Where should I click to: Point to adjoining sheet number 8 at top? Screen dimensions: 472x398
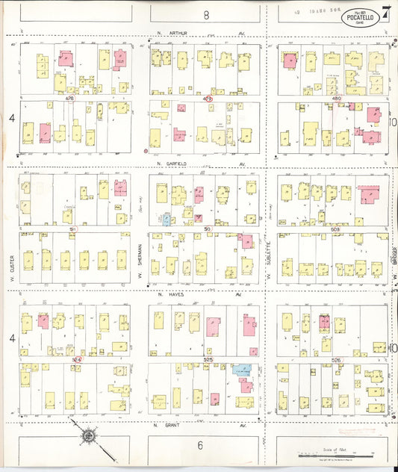point(205,14)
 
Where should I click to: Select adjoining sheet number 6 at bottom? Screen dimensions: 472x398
point(200,445)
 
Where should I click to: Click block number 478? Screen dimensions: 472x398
point(69,98)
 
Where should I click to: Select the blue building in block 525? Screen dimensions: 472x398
point(241,369)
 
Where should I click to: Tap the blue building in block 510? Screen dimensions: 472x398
point(166,219)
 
